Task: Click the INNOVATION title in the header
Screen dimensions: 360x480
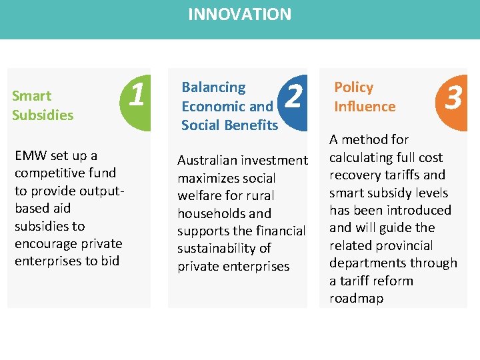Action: point(239,14)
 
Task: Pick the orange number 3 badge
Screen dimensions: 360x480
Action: point(453,98)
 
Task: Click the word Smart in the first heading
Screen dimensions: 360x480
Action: point(31,96)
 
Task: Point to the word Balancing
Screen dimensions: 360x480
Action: point(213,87)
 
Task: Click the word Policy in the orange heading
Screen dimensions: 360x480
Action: point(353,87)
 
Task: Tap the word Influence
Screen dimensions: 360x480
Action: point(365,107)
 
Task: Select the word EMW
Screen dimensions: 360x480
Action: point(30,156)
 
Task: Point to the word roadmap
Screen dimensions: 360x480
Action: point(357,299)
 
